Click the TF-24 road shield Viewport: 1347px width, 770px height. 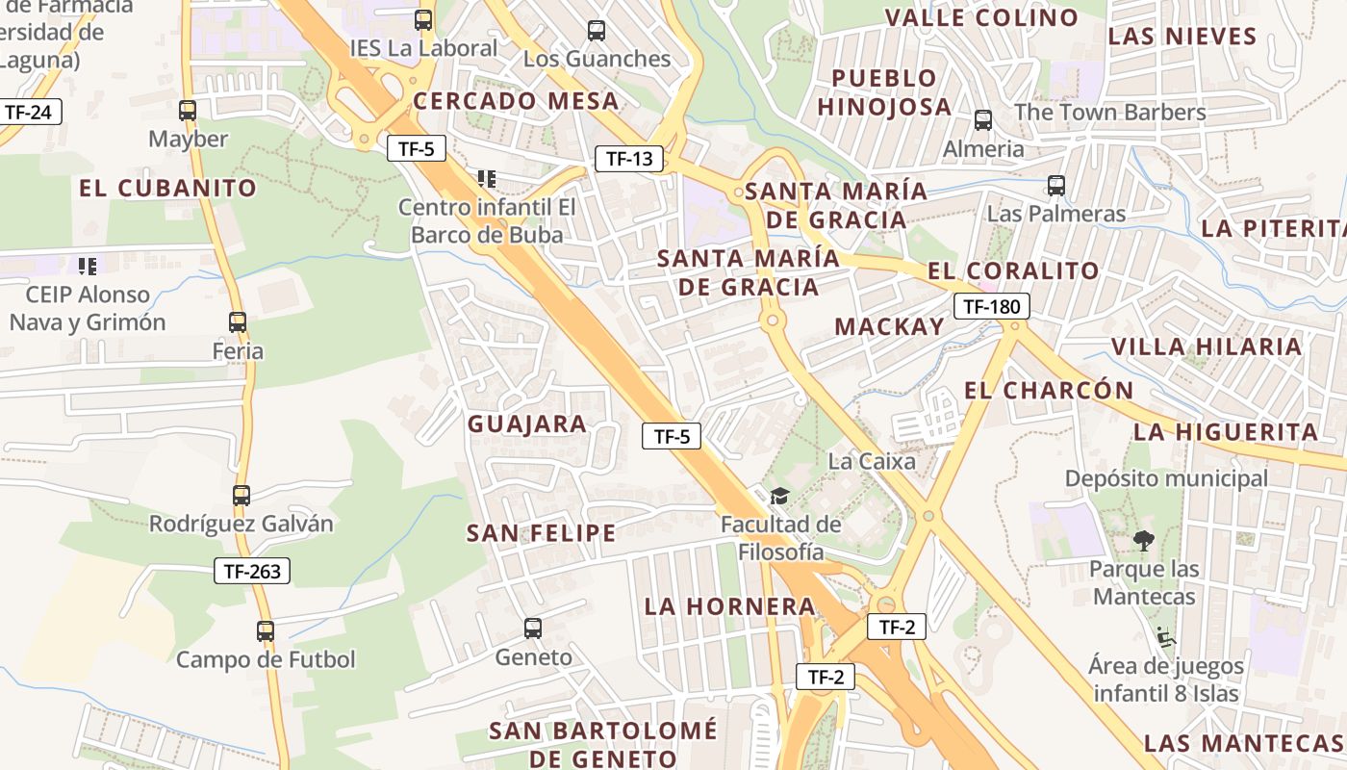[28, 112]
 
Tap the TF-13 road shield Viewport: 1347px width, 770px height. [629, 159]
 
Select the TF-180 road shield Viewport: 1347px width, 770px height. [992, 307]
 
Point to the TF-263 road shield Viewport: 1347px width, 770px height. [251, 571]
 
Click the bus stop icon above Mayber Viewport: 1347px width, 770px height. [188, 111]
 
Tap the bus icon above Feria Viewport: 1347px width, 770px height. [238, 322]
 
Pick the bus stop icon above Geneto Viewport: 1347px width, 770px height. [533, 629]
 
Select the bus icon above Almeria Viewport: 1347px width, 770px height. [983, 120]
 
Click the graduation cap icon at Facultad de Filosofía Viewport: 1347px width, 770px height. [779, 496]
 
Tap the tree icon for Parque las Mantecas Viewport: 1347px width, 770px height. [1143, 540]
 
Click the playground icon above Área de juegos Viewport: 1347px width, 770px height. [1166, 636]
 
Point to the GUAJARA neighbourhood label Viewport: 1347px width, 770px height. [527, 424]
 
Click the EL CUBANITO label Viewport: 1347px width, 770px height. [168, 188]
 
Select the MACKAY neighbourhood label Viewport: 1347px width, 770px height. [890, 326]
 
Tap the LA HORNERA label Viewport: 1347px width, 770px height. [730, 606]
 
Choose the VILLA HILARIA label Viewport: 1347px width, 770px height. [1207, 346]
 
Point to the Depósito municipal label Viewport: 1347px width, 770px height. [1166, 478]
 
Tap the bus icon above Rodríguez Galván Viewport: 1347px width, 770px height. [241, 496]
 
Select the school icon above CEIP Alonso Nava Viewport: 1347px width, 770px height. [88, 266]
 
